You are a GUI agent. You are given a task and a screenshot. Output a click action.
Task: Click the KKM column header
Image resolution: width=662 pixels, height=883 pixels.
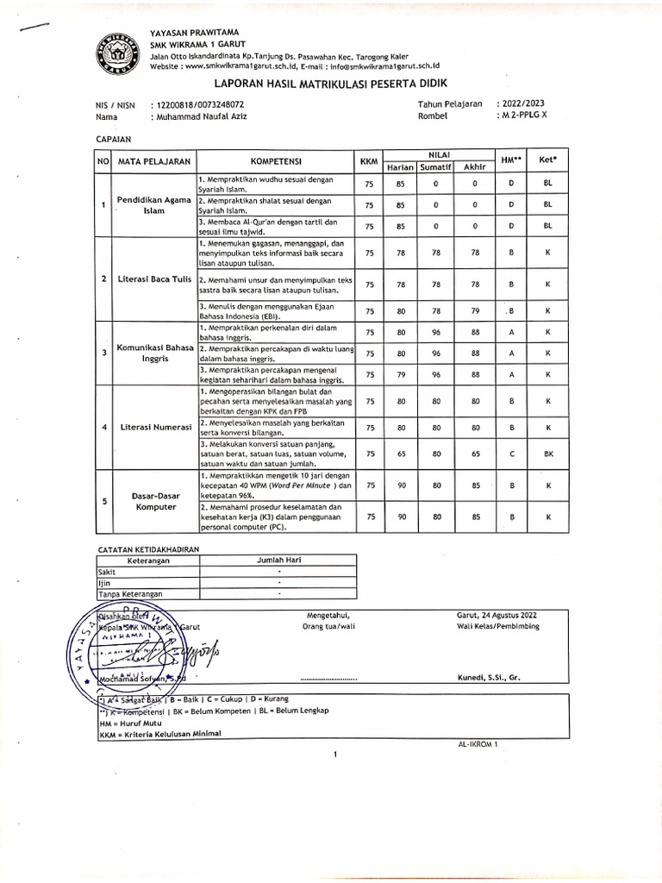pyautogui.click(x=368, y=161)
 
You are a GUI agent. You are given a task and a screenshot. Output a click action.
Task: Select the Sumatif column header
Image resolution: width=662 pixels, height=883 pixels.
pyautogui.click(x=436, y=166)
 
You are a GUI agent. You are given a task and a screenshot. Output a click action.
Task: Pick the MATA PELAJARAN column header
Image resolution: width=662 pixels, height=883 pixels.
pyautogui.click(x=153, y=161)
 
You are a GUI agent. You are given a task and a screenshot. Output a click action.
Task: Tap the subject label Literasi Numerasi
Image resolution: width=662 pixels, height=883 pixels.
pyautogui.click(x=153, y=427)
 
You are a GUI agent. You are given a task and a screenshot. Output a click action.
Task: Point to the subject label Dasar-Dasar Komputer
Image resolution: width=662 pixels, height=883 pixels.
pyautogui.click(x=153, y=502)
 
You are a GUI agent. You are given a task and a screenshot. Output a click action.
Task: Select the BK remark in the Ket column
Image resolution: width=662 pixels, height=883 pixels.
pyautogui.click(x=547, y=453)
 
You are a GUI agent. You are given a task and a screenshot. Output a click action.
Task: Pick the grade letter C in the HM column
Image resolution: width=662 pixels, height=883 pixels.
pyautogui.click(x=511, y=453)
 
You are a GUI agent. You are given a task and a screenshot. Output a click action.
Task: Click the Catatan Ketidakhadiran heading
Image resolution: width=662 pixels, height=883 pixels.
pyautogui.click(x=147, y=549)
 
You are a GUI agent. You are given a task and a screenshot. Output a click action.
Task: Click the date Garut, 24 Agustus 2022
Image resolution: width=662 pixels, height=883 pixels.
pyautogui.click(x=496, y=614)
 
